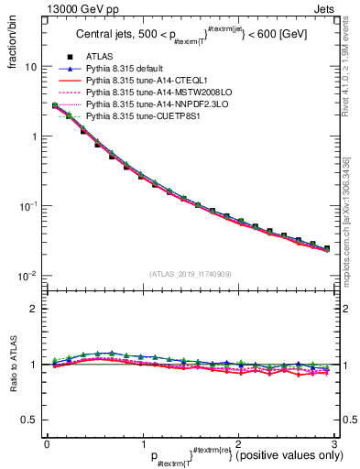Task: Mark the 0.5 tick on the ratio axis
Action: (x=30, y=420)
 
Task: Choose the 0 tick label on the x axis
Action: (x=47, y=443)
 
